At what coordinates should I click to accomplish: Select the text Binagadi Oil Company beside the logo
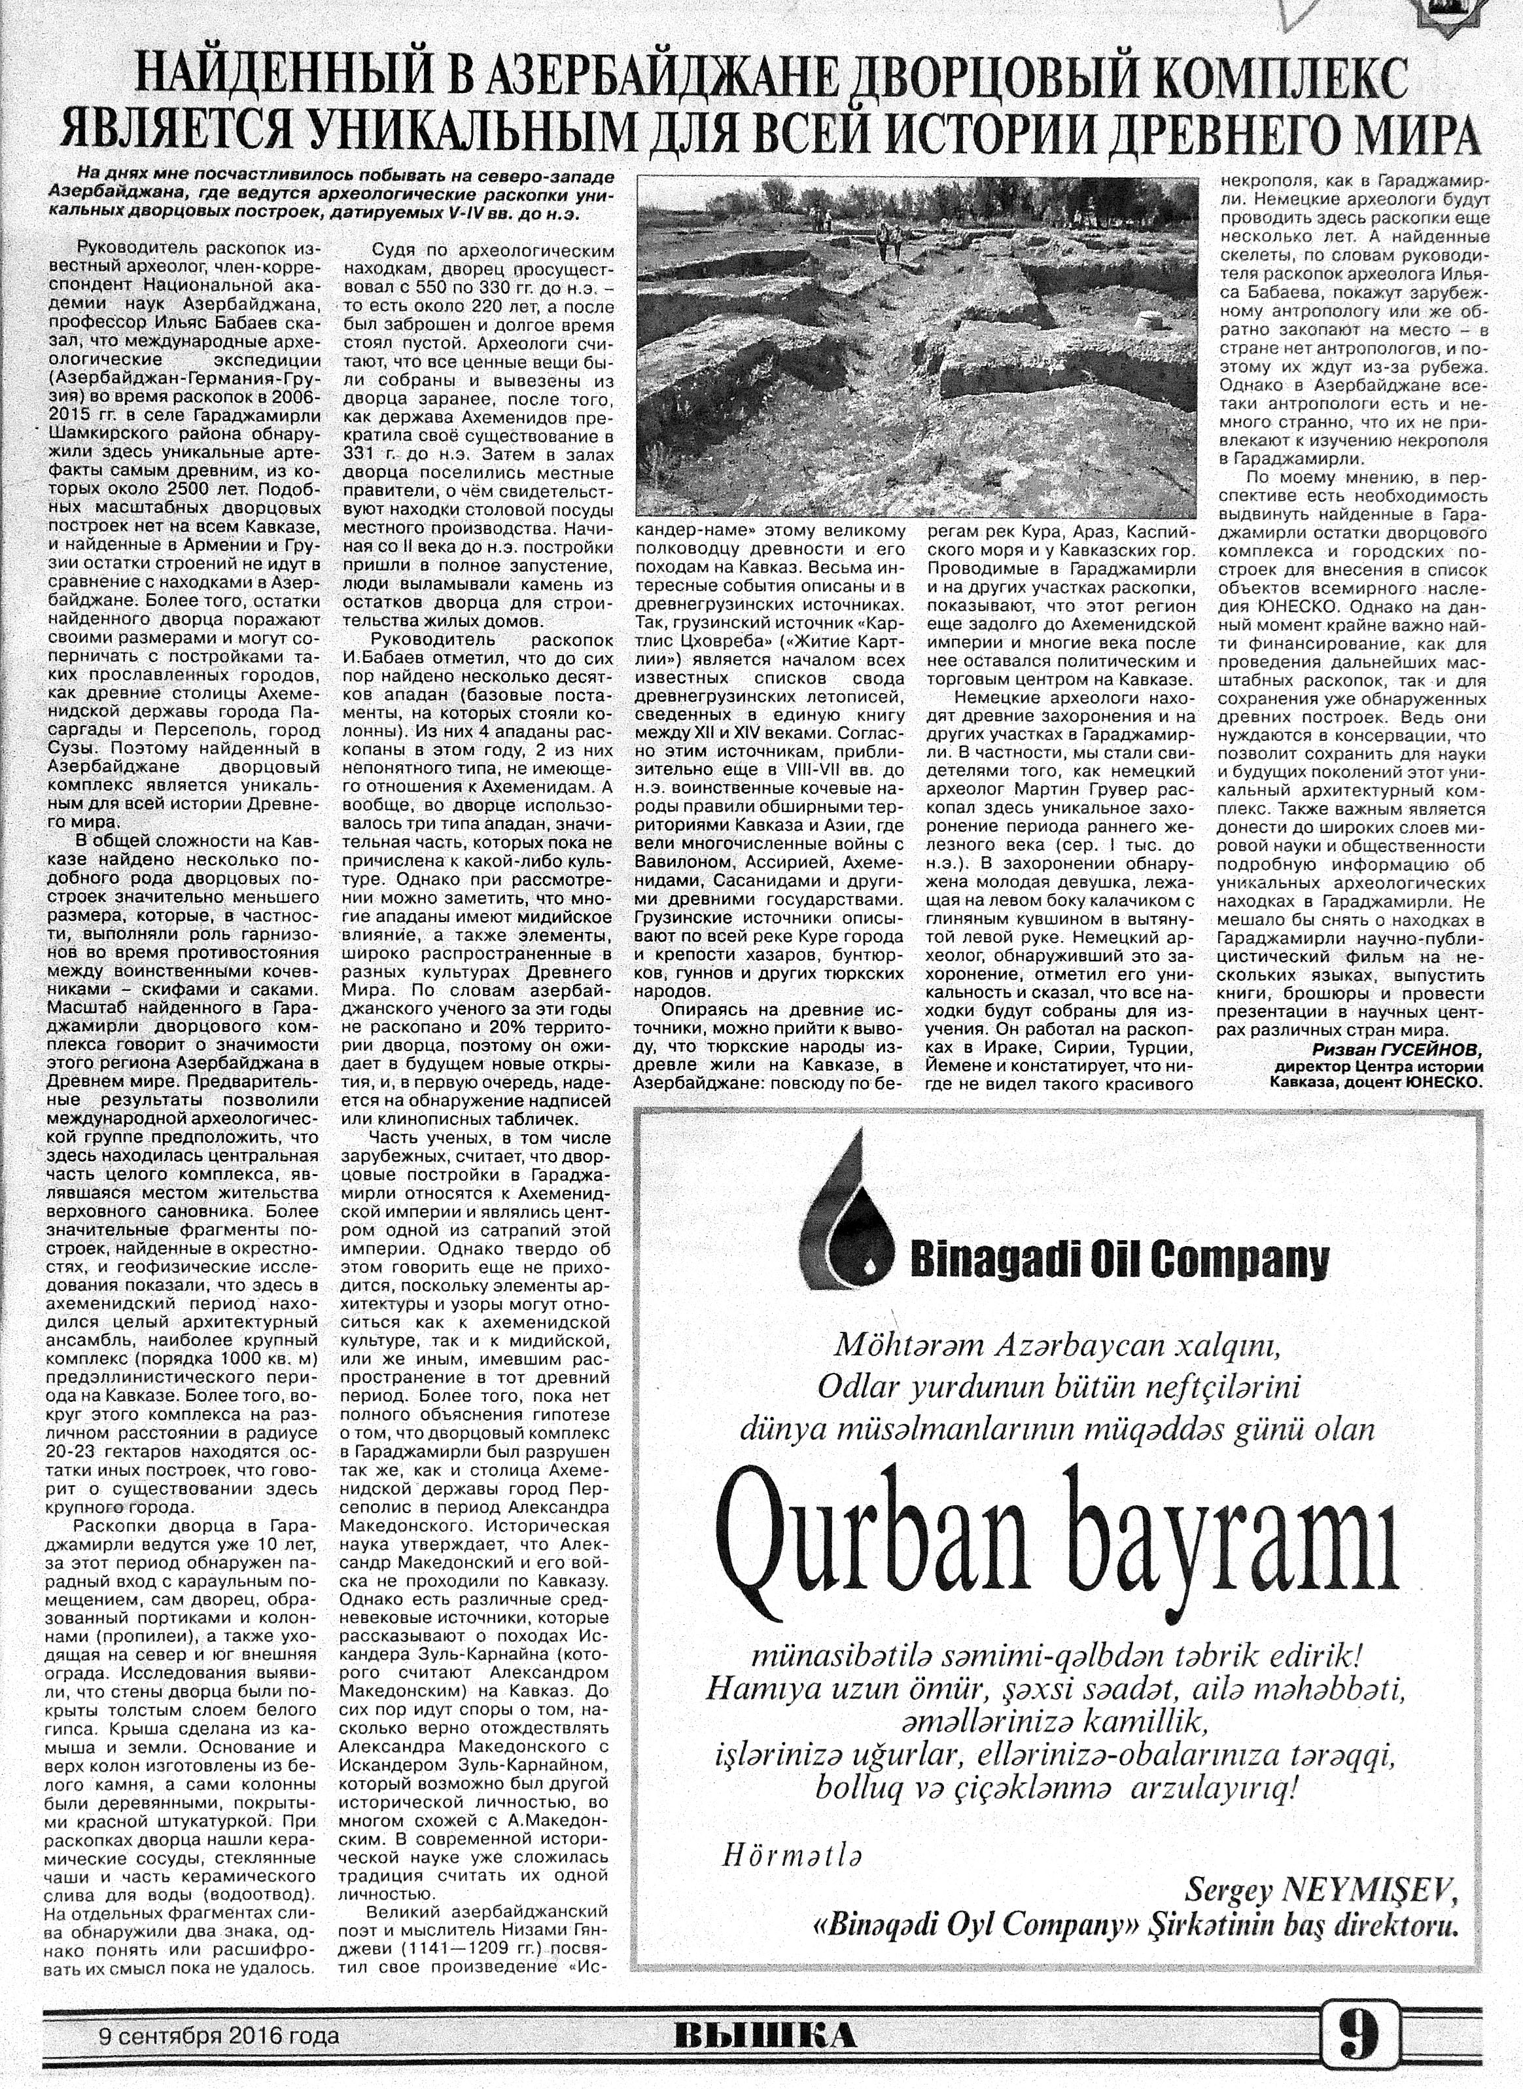click(x=1119, y=1257)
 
